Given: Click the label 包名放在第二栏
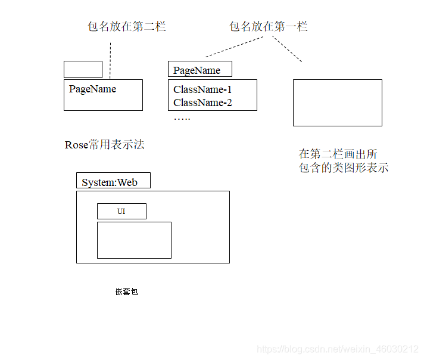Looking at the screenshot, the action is coord(126,26).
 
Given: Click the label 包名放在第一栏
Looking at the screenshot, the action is coord(268,26).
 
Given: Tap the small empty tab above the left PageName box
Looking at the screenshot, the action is coord(83,69).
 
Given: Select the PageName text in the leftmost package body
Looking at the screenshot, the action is coord(92,89).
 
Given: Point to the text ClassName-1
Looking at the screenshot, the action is coord(202,89).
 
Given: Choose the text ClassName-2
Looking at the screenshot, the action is coord(202,103).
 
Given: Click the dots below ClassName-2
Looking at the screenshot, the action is coord(182,118).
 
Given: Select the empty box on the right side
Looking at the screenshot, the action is coord(337,103).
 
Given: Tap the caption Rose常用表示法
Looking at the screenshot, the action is coord(105,145).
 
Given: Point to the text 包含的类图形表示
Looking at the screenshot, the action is coord(344,167).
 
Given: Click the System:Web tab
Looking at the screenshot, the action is coord(113,181).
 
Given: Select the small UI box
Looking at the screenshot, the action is coord(121,211).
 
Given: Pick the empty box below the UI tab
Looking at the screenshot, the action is coord(134,240).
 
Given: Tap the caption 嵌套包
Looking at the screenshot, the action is coord(126,292).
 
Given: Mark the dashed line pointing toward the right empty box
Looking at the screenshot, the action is coord(288,49).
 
